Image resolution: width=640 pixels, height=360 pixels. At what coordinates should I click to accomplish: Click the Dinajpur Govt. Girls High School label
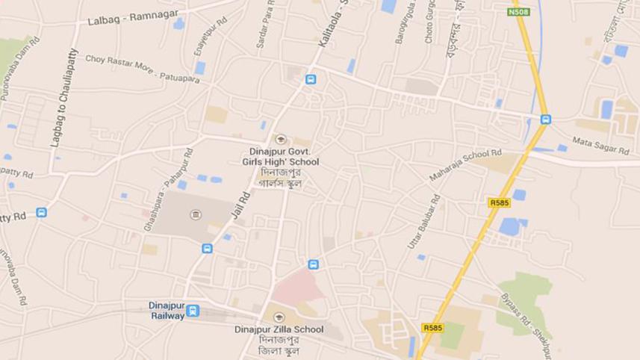click(280, 157)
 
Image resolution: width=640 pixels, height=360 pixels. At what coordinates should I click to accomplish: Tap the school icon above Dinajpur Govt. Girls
click(281, 139)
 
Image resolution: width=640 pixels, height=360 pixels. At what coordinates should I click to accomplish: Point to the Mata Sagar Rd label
click(600, 146)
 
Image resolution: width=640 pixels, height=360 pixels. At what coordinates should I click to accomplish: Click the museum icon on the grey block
click(196, 215)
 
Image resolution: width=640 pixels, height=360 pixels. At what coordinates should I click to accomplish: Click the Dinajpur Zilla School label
click(279, 329)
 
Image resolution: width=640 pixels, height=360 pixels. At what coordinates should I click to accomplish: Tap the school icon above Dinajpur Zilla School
click(279, 316)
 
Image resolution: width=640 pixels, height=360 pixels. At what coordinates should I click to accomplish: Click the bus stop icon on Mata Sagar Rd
click(546, 120)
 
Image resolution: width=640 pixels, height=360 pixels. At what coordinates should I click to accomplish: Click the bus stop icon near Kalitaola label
click(311, 79)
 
